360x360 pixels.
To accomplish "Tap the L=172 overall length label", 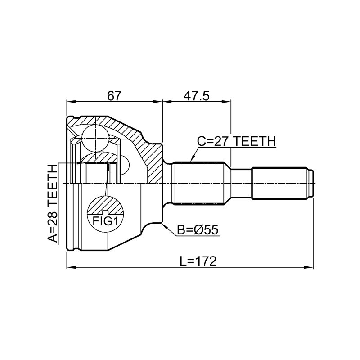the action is [198, 261].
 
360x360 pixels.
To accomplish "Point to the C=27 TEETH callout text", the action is [237, 141].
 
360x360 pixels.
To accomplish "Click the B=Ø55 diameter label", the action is [198, 230].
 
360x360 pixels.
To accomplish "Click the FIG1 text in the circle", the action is [105, 221].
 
